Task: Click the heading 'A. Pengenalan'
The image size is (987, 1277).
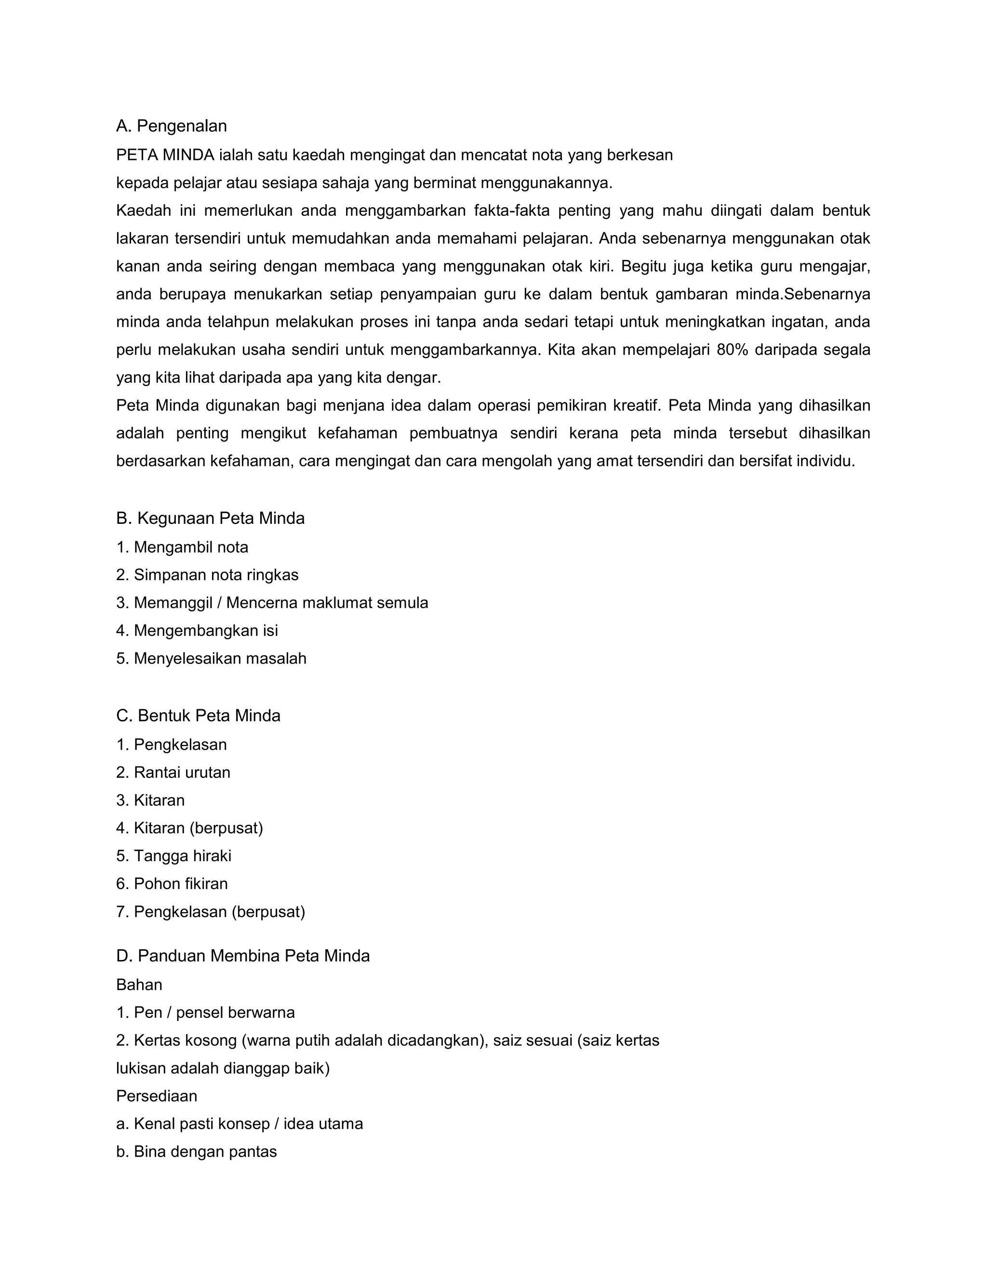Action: tap(171, 126)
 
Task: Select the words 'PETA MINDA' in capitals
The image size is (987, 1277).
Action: tap(165, 155)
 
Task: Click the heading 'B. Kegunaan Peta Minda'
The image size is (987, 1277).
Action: tap(211, 518)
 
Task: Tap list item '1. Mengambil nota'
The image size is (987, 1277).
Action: tap(183, 547)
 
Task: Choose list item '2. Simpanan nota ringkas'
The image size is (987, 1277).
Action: tap(208, 575)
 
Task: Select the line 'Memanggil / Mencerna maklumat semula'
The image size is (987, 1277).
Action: tap(280, 602)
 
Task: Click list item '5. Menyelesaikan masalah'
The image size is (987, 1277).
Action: tap(212, 658)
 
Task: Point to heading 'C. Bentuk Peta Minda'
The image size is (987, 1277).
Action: tap(198, 716)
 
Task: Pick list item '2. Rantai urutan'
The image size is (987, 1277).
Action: tap(173, 772)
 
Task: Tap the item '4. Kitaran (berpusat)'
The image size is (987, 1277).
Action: tap(190, 828)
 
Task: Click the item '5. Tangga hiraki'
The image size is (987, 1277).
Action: tap(174, 856)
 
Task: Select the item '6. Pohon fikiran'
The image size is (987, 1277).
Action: tap(173, 883)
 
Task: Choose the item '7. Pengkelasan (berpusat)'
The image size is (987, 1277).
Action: tap(211, 912)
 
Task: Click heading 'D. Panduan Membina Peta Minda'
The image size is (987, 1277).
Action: tap(243, 956)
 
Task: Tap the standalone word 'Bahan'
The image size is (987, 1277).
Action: tap(139, 984)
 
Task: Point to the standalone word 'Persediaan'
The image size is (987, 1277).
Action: tap(157, 1096)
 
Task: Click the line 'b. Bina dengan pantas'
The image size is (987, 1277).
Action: tap(197, 1152)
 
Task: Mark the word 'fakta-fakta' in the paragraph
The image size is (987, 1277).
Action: tap(512, 211)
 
